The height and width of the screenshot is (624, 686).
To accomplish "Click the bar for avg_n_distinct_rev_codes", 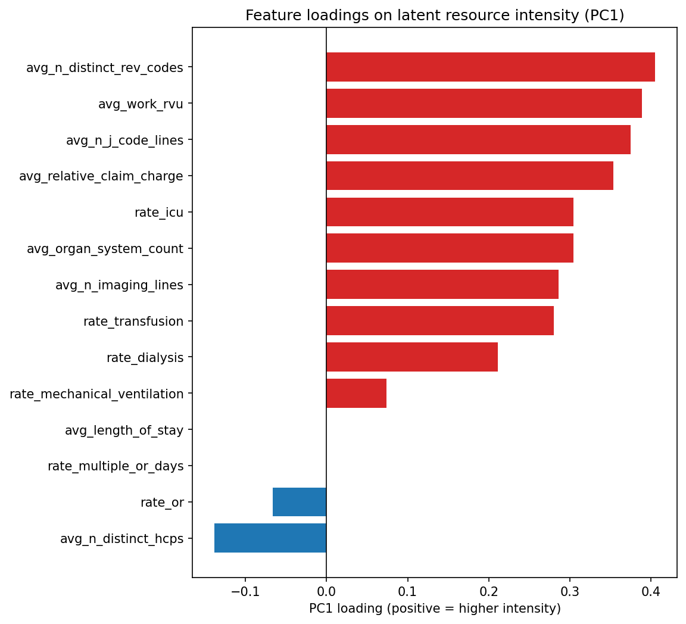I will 490,67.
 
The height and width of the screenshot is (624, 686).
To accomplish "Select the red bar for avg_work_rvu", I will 484,104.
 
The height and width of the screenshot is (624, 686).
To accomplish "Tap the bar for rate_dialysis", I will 411,357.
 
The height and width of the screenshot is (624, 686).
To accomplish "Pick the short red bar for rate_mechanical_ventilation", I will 356,394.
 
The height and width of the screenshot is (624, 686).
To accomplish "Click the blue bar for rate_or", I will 300,502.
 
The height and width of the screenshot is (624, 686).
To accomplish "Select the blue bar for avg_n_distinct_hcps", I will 270,538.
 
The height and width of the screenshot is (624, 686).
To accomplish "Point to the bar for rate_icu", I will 450,212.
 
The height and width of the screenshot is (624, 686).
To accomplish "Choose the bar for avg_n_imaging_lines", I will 442,285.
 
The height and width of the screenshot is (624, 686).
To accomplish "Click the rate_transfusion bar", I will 439,321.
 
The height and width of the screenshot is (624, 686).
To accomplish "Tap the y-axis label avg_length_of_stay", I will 124,430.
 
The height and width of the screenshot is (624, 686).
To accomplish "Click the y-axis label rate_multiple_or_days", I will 116,466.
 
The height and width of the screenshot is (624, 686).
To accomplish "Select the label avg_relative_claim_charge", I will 101,176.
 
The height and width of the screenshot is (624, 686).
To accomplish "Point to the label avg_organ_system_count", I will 105,249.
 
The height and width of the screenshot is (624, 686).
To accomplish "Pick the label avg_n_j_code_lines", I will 124,140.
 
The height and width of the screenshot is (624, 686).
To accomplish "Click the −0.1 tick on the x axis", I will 245,591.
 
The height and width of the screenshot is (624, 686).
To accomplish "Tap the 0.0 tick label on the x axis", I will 326,591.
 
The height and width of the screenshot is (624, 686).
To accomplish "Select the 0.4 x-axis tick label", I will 651,591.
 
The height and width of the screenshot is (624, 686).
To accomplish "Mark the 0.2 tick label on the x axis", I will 489,591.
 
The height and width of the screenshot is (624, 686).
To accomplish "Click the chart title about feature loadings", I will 435,15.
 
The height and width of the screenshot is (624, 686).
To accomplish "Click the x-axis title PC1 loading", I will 435,609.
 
